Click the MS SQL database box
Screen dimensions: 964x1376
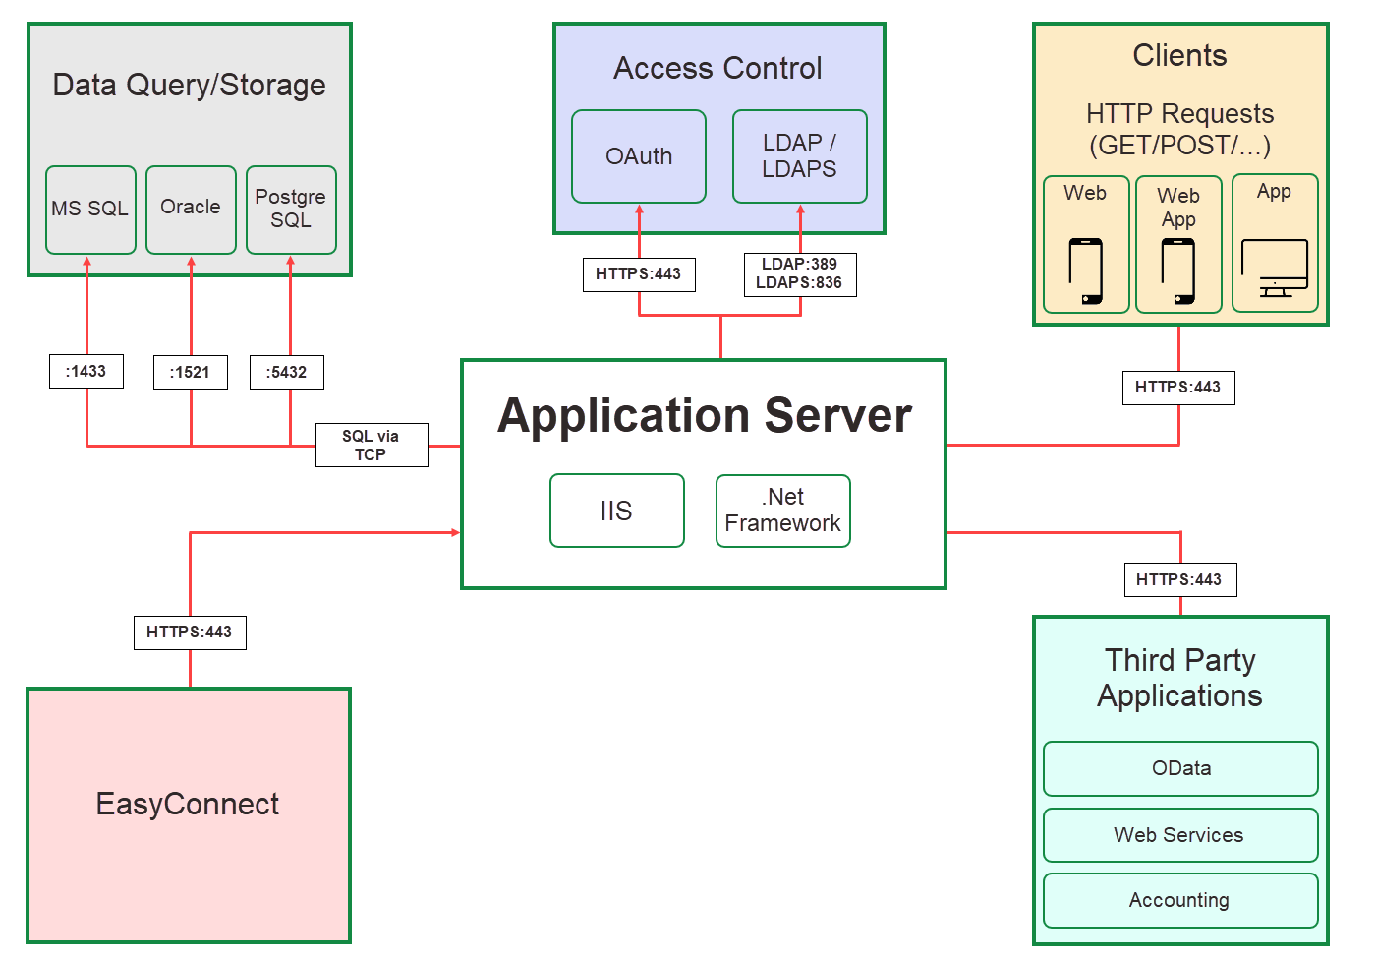[90, 210]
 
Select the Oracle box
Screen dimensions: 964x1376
[191, 210]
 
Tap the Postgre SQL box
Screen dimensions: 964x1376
[291, 210]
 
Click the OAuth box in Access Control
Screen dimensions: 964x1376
[639, 156]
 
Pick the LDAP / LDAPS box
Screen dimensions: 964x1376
[799, 156]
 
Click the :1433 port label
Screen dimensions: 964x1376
[86, 371]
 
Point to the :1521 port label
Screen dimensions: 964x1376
[191, 372]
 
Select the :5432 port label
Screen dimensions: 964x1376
[287, 372]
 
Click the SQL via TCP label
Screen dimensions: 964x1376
[372, 445]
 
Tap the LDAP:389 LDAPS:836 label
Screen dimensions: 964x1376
[799, 273]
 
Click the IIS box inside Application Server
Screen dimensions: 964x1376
[616, 511]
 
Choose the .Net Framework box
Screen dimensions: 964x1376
[782, 511]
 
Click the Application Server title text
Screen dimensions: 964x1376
[704, 415]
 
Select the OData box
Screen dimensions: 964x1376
[1180, 768]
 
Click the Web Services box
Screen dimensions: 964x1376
[1180, 835]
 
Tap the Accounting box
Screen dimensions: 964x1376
[1180, 900]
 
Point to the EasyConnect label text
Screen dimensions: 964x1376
[188, 804]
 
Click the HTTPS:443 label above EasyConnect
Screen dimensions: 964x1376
[190, 632]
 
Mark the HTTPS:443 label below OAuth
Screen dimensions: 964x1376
[639, 273]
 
